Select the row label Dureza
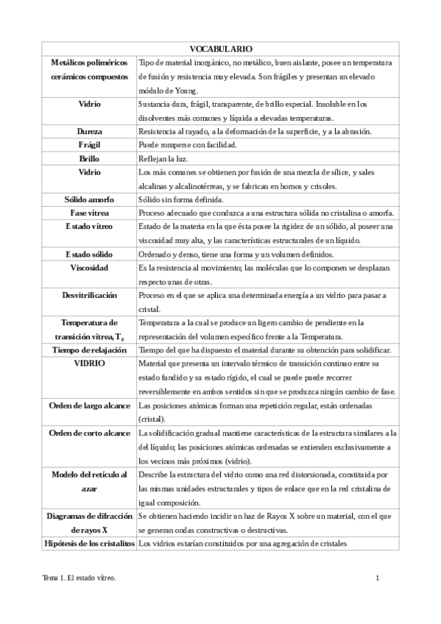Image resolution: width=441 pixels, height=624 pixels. (89, 131)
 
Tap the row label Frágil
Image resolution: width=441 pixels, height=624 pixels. (89, 144)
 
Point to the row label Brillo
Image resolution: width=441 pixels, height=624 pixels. (89, 157)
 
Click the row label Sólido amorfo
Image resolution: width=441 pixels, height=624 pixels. (89, 199)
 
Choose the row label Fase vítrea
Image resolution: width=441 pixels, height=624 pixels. (89, 212)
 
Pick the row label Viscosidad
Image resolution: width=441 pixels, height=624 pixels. (89, 267)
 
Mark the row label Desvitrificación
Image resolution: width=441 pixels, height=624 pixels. (89, 294)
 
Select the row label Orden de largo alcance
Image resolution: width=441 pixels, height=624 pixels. (89, 405)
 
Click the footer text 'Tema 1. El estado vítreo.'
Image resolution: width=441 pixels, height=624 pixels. (80, 578)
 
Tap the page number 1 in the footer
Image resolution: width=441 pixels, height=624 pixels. (377, 578)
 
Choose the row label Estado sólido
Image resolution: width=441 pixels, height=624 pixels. (89, 254)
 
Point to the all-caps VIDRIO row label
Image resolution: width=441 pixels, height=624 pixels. (89, 364)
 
